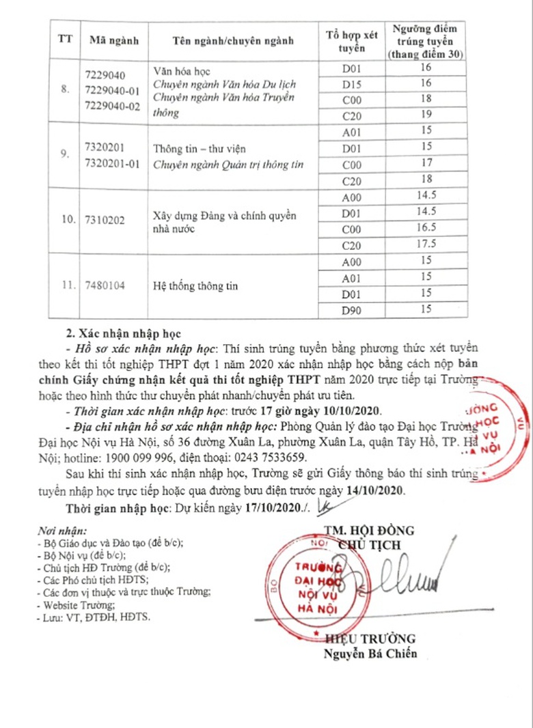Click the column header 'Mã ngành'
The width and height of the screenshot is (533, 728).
pyautogui.click(x=114, y=40)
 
